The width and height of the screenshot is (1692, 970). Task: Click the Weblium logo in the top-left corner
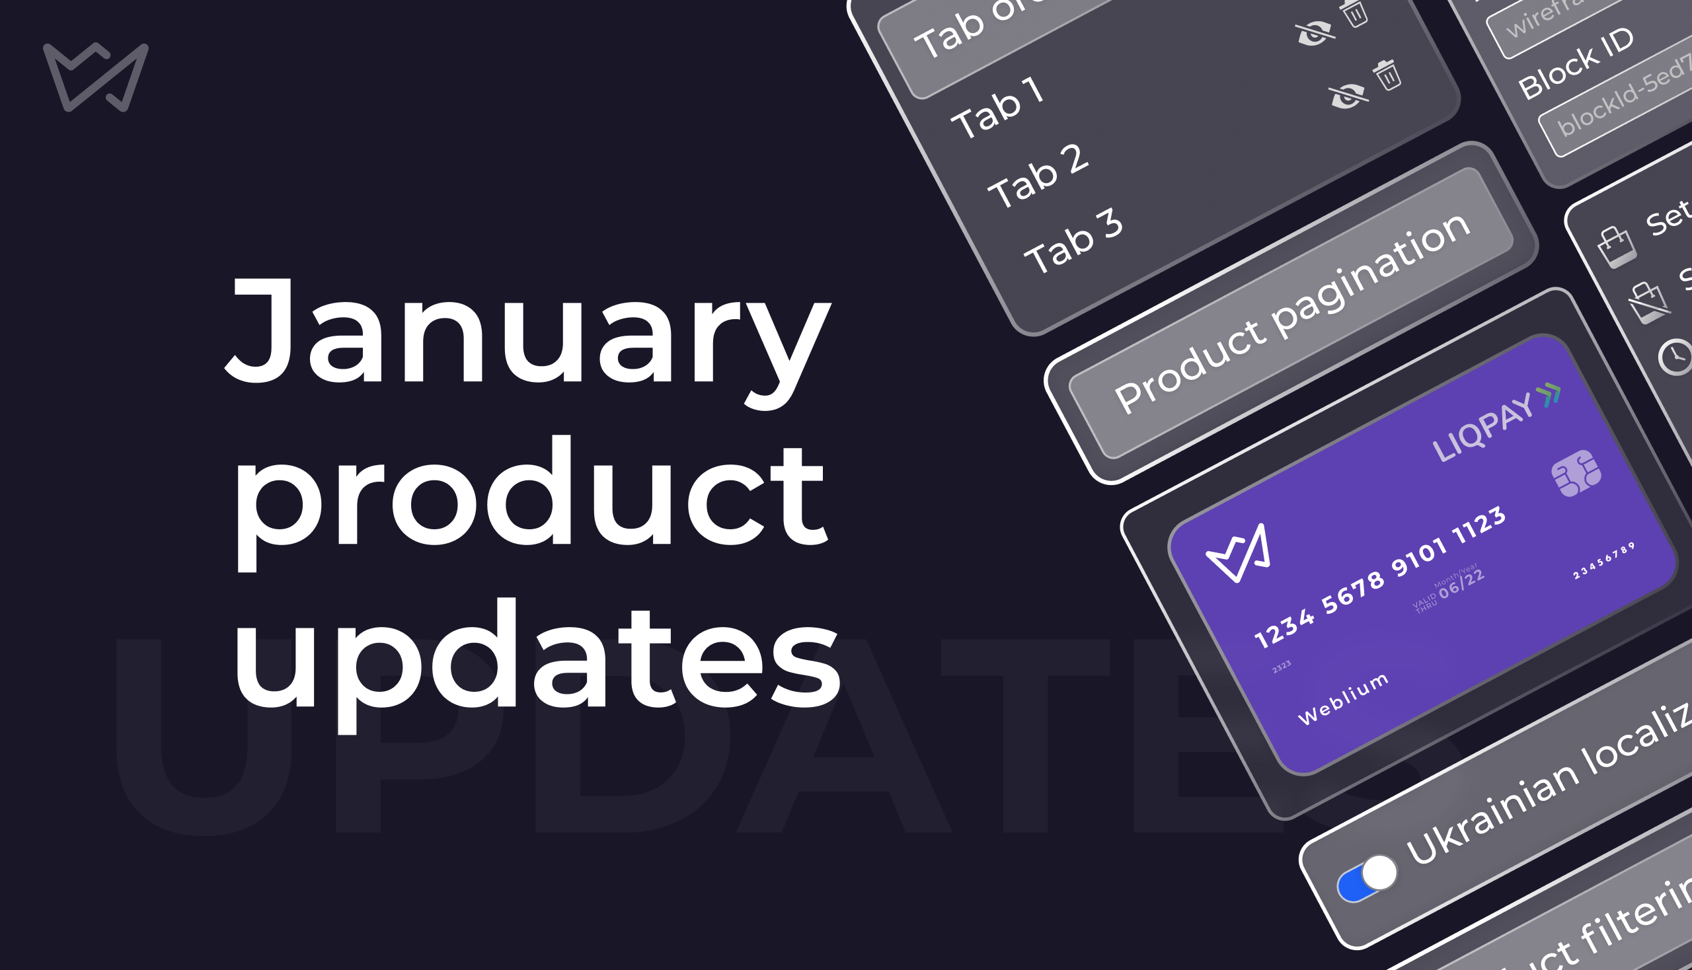click(x=95, y=77)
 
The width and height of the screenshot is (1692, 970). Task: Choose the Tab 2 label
click(x=1038, y=176)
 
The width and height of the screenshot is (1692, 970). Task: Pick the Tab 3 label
click(x=1073, y=242)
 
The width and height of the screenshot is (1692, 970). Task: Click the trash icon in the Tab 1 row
click(x=1388, y=75)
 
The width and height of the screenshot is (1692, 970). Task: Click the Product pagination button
click(x=1291, y=313)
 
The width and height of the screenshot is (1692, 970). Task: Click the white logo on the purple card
click(x=1239, y=552)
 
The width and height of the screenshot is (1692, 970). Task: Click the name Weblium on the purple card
click(x=1343, y=699)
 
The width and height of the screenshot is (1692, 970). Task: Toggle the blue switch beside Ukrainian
click(x=1367, y=878)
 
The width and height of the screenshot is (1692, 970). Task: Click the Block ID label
click(x=1576, y=63)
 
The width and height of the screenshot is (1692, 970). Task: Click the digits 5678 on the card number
click(x=1352, y=593)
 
